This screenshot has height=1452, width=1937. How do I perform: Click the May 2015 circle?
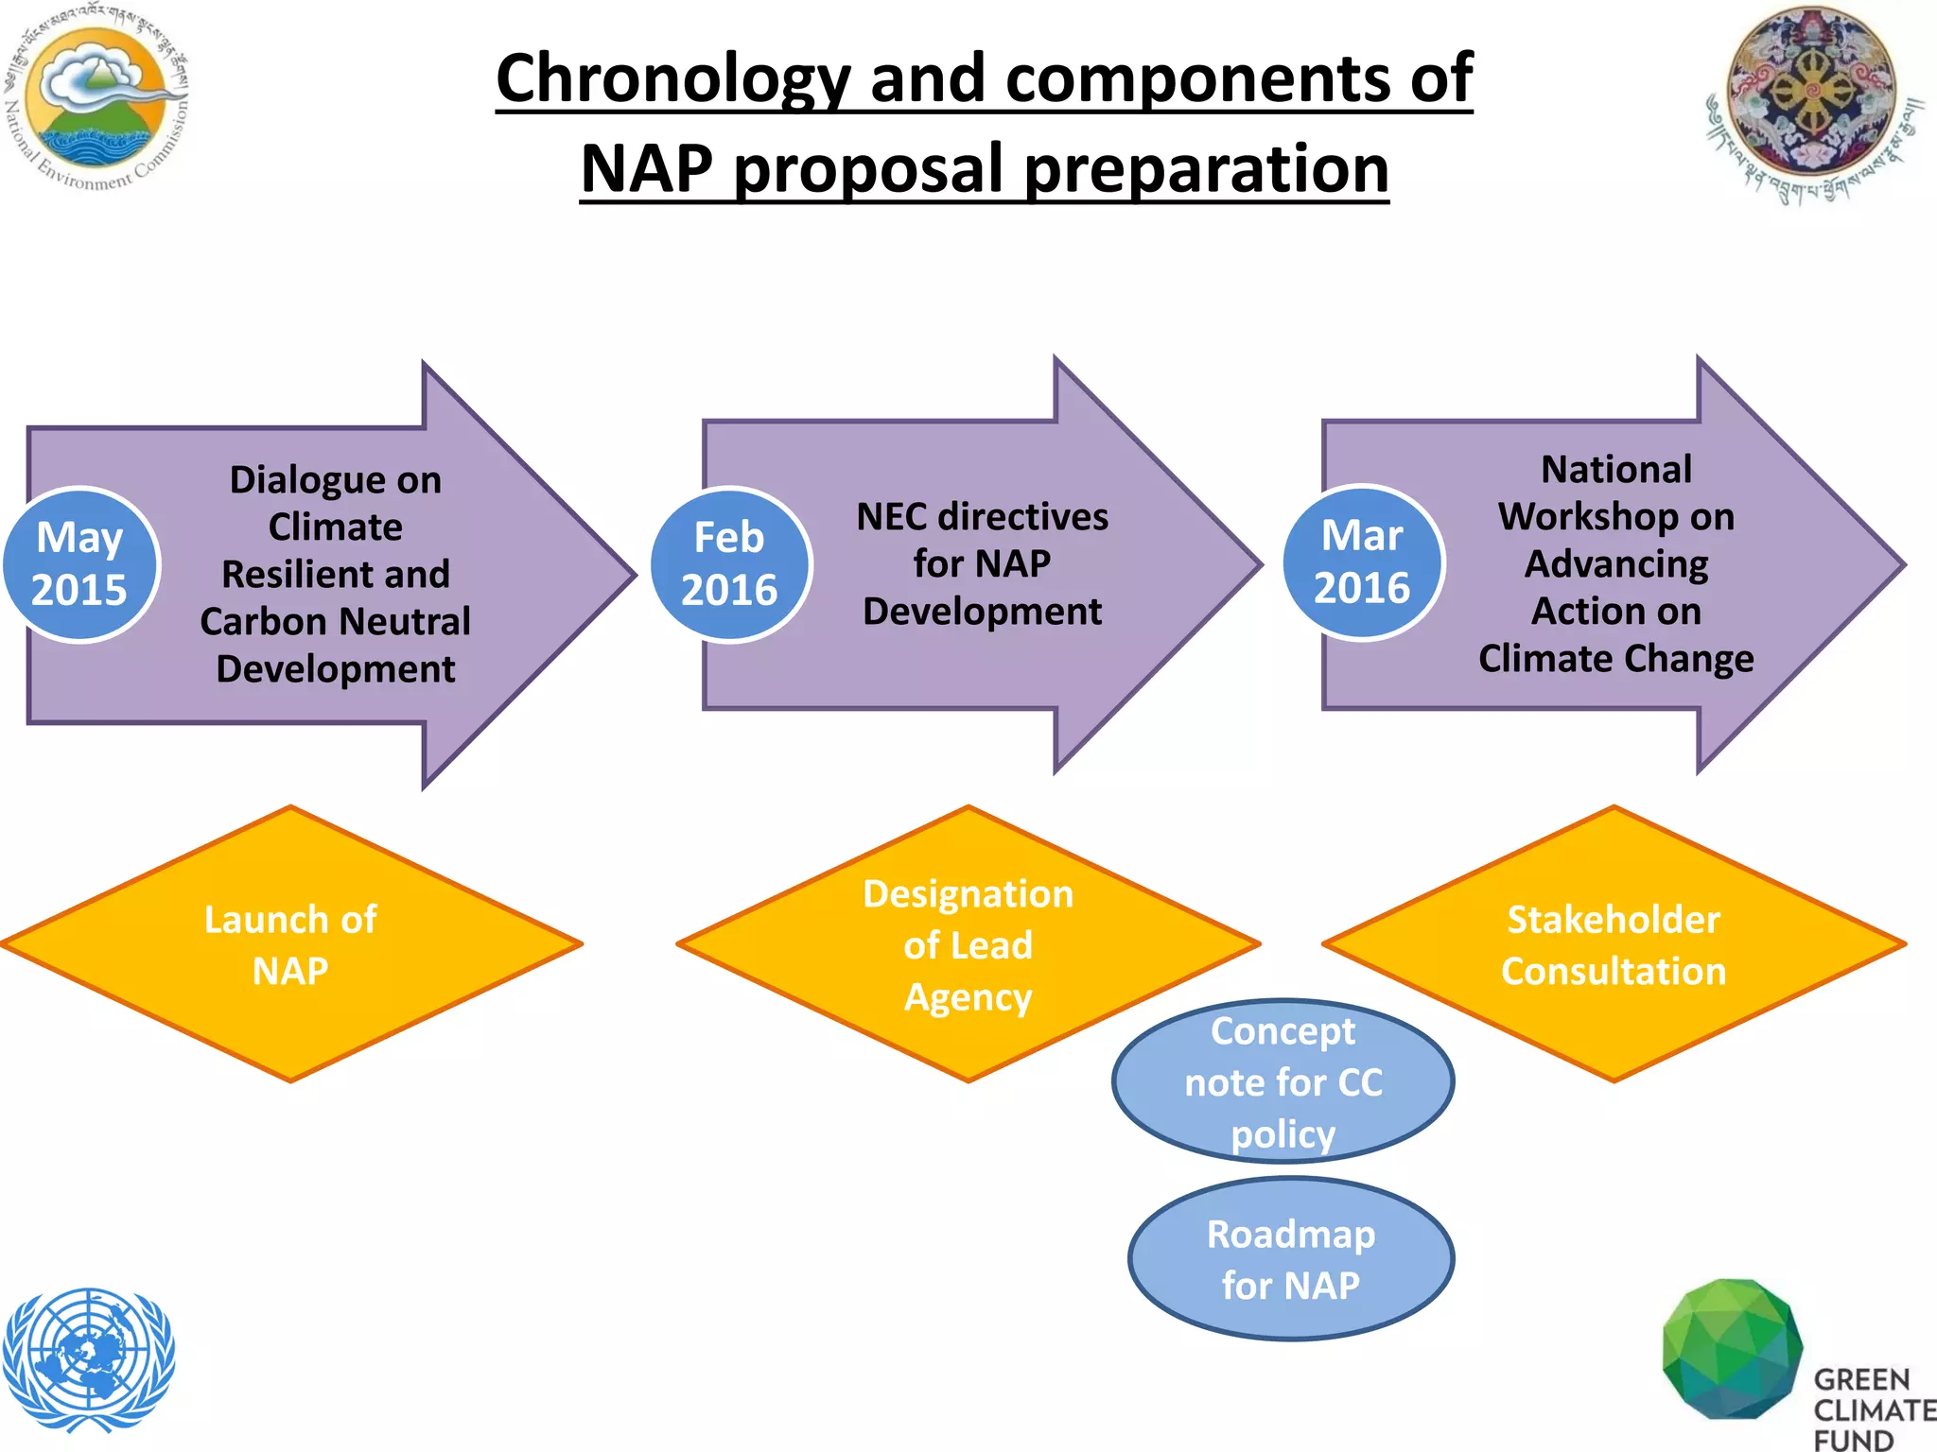click(x=80, y=564)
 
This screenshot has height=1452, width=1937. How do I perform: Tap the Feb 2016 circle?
click(x=730, y=564)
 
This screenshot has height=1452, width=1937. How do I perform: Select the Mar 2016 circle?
click(x=1362, y=562)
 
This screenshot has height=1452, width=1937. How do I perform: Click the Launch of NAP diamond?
click(x=290, y=944)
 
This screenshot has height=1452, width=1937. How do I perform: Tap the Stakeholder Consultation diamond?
click(x=1614, y=944)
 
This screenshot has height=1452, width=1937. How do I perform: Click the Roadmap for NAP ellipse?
click(x=1291, y=1259)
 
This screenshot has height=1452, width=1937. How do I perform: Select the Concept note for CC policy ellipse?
click(x=1283, y=1081)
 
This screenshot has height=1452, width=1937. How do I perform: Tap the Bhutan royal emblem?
click(x=1812, y=99)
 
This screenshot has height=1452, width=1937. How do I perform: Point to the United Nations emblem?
click(x=88, y=1358)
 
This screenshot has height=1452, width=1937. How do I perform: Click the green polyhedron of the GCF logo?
click(x=1731, y=1349)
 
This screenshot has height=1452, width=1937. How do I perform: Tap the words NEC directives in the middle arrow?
click(x=982, y=517)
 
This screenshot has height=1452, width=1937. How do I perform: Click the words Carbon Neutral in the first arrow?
click(x=335, y=622)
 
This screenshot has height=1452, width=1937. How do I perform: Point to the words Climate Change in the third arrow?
click(x=1615, y=659)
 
